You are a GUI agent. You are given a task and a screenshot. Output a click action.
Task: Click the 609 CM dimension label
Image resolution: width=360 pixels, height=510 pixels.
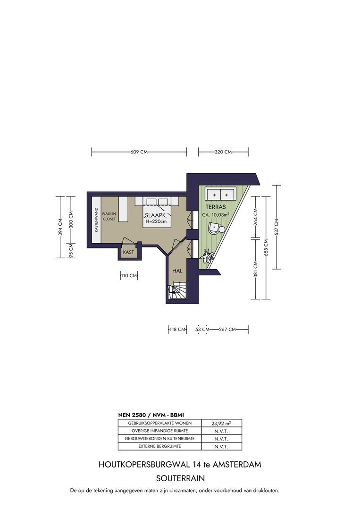pyautogui.click(x=139, y=152)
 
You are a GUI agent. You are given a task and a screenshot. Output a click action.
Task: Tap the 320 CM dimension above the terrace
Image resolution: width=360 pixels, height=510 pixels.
pyautogui.click(x=223, y=152)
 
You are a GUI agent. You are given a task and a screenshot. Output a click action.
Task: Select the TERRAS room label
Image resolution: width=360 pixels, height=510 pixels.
pyautogui.click(x=216, y=207)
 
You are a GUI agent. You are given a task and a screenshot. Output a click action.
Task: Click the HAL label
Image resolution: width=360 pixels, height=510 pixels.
pyautogui.click(x=177, y=271)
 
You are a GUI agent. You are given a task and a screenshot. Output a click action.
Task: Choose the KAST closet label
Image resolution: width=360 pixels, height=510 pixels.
pyautogui.click(x=128, y=252)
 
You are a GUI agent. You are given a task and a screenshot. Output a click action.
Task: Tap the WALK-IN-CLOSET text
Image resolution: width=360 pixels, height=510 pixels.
pyautogui.click(x=109, y=216)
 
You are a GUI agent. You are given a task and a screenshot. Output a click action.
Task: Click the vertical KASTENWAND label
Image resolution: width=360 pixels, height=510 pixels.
pyautogui.click(x=96, y=220)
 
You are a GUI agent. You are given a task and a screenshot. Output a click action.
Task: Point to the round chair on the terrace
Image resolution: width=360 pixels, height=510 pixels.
pyautogui.click(x=216, y=229)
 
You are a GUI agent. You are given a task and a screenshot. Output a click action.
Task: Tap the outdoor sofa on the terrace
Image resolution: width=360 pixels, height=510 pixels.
pyautogui.click(x=221, y=195)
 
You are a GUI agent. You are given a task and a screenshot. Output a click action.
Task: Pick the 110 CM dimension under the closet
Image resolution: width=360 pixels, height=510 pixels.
pyautogui.click(x=129, y=276)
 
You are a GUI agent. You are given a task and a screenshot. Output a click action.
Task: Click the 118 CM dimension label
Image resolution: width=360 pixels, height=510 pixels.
pyautogui.click(x=177, y=330)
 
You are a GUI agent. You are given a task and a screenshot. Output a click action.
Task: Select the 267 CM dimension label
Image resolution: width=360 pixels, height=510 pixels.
pyautogui.click(x=227, y=330)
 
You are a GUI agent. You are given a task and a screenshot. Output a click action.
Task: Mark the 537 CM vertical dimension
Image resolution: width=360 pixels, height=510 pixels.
pyautogui.click(x=276, y=227)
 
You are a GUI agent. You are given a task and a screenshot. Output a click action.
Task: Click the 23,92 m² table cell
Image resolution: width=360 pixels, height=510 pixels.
pyautogui.click(x=221, y=423)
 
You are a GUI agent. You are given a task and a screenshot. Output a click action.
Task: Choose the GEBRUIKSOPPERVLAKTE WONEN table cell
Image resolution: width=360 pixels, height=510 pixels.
pyautogui.click(x=160, y=423)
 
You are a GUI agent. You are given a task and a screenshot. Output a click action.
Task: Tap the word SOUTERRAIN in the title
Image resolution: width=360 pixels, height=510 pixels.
pyautogui.click(x=180, y=478)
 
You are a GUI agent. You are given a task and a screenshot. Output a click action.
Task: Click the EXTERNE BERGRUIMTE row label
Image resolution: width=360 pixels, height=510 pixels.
pyautogui.click(x=160, y=446)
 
